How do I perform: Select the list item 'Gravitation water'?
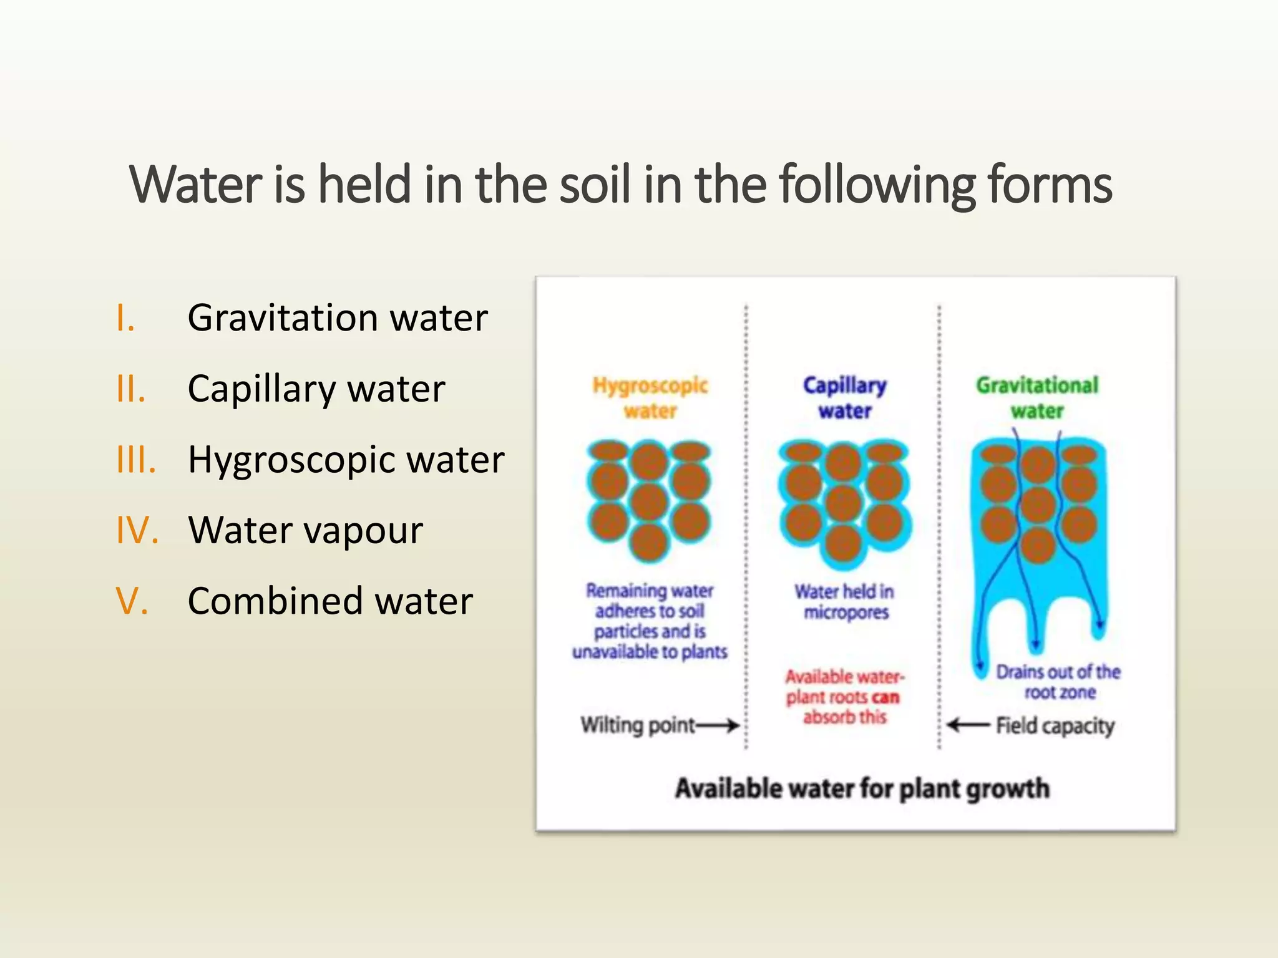pos(337,318)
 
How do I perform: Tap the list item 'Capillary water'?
pos(316,389)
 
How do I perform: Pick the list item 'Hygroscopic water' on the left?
pos(346,460)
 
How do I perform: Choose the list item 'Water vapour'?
pos(305,531)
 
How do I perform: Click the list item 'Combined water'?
pos(330,601)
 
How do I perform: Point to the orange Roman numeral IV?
pos(137,531)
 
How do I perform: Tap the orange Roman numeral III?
pos(135,460)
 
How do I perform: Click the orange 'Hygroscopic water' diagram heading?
pos(650,398)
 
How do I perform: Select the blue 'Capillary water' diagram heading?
pos(844,398)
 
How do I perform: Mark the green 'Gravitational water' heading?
pos(1037,398)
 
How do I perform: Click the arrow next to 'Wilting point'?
pos(718,725)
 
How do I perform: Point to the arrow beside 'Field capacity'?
pos(968,725)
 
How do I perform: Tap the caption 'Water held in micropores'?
pos(845,602)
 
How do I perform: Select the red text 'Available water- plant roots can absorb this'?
pos(844,697)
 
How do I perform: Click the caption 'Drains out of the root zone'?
pos(1058,682)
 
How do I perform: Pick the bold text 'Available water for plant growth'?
pos(862,789)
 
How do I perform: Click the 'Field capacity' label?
pos(1055,726)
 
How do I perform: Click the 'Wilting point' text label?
pos(637,725)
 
